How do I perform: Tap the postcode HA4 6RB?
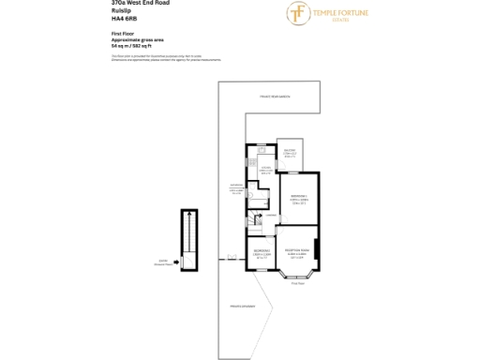(x=123, y=19)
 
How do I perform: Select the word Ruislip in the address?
(x=119, y=11)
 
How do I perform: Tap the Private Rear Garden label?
(x=278, y=97)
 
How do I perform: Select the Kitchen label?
(x=266, y=170)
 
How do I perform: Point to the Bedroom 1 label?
(x=299, y=196)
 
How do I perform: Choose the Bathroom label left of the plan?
(x=236, y=187)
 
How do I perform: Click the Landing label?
(x=270, y=217)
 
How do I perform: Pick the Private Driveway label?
(x=242, y=306)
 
